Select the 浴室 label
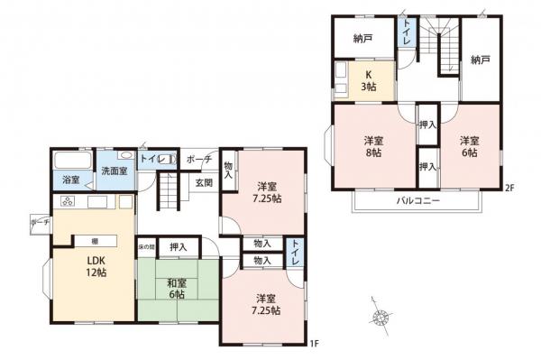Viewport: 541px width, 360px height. [x=71, y=180]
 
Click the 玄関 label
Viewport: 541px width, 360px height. [x=203, y=182]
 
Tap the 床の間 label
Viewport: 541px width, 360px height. [x=147, y=246]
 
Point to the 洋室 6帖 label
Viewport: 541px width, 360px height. [x=468, y=147]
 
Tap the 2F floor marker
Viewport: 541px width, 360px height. [x=509, y=189]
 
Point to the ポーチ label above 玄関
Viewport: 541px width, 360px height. [x=198, y=160]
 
